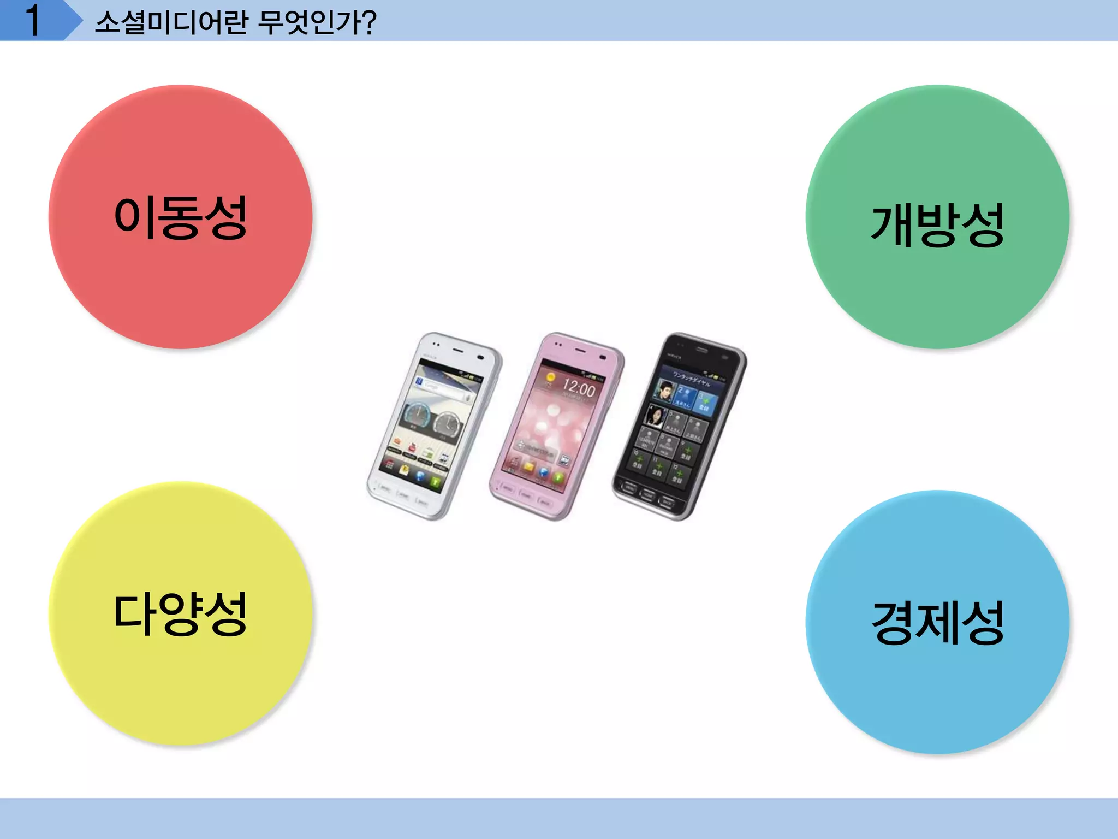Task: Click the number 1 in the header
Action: click(x=33, y=21)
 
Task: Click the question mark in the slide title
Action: click(x=368, y=22)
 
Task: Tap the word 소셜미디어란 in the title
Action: click(x=171, y=22)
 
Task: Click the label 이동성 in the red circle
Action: click(x=181, y=217)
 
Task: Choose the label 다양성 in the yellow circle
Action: click(x=181, y=613)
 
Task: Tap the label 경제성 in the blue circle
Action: click(x=937, y=622)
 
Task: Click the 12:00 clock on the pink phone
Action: click(x=579, y=388)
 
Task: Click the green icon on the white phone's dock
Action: click(x=435, y=481)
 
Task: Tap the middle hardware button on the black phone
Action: click(x=648, y=495)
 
